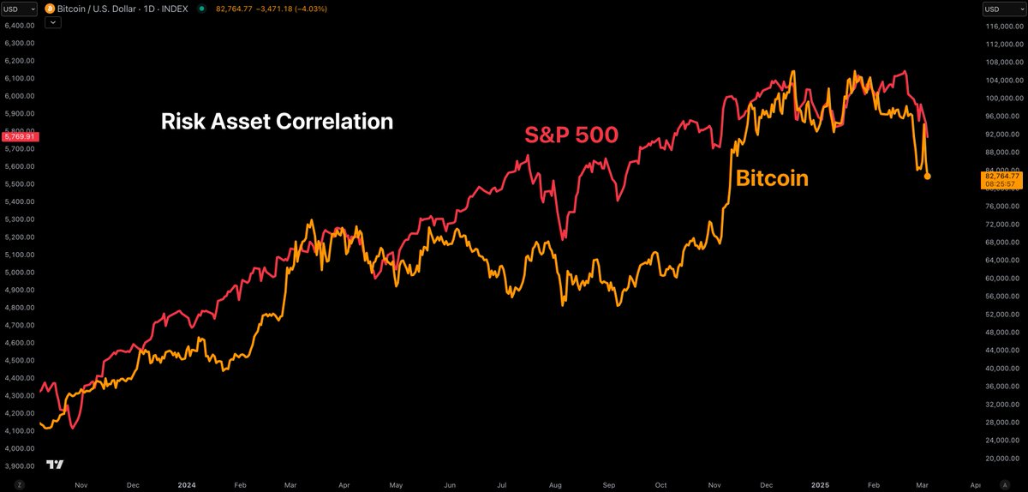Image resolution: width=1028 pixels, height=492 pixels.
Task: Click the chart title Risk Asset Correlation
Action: tap(277, 122)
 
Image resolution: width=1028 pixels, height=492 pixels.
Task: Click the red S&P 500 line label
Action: tap(571, 135)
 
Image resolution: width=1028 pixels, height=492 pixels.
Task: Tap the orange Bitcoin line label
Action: tap(772, 178)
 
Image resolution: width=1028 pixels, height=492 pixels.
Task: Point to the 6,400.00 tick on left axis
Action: tap(19, 26)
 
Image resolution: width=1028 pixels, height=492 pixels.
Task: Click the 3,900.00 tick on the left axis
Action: tap(19, 466)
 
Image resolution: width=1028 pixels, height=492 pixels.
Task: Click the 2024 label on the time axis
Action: tap(186, 484)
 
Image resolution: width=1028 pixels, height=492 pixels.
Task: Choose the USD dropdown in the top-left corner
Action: tap(19, 9)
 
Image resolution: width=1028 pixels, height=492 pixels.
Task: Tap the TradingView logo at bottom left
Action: tap(55, 465)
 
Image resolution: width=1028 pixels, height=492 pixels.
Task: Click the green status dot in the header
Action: tap(201, 9)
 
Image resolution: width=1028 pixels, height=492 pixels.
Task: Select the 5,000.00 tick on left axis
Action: tap(19, 273)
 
